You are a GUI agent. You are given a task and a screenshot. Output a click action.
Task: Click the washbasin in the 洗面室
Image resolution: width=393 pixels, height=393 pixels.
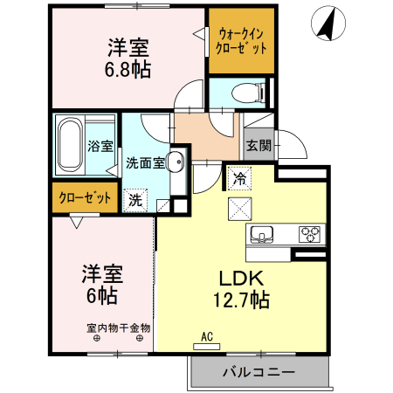click(x=176, y=161)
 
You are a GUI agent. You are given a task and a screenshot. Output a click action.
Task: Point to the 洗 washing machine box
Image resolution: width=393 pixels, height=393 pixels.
click(x=134, y=198)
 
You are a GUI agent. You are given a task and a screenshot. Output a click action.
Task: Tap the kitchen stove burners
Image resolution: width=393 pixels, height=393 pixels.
click(x=310, y=233)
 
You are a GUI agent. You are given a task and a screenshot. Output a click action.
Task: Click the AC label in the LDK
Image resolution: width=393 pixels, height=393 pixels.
click(x=207, y=336)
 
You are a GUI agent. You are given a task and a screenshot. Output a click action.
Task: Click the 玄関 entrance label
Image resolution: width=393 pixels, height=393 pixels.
click(x=257, y=146)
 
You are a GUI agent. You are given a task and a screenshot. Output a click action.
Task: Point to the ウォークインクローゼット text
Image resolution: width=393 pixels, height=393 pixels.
click(x=241, y=41)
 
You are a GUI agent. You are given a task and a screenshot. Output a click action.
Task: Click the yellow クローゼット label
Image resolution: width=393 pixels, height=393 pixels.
click(x=85, y=197)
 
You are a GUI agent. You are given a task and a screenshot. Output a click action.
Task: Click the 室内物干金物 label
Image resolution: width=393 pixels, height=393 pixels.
click(x=118, y=328)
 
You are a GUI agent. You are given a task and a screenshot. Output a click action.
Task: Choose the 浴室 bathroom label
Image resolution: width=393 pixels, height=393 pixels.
click(x=100, y=146)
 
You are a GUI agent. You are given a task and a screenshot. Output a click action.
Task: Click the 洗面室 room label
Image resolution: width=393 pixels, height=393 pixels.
click(x=145, y=162)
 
